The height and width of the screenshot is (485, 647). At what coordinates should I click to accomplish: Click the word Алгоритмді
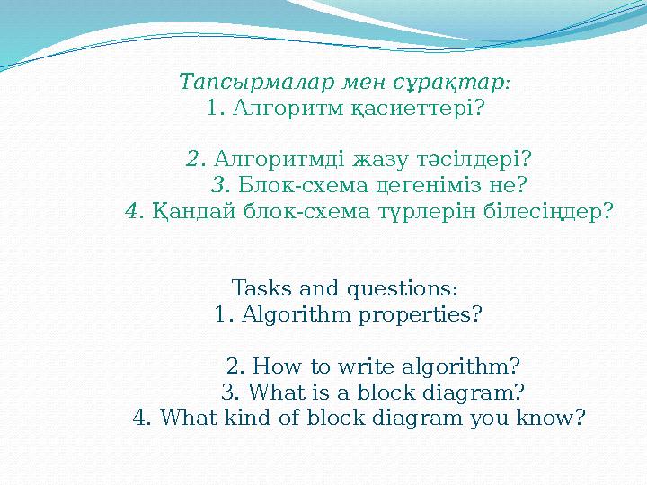pyautogui.click(x=279, y=159)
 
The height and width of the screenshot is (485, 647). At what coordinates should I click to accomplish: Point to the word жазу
pyautogui.click(x=379, y=161)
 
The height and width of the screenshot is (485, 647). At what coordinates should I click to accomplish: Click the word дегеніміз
pyautogui.click(x=429, y=186)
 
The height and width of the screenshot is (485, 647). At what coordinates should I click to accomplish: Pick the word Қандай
pyautogui.click(x=194, y=212)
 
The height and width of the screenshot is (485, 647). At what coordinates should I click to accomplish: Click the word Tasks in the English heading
pyautogui.click(x=262, y=288)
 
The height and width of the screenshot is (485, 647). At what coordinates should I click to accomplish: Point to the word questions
pyautogui.click(x=403, y=288)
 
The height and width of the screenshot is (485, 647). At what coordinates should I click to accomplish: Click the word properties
pyautogui.click(x=420, y=315)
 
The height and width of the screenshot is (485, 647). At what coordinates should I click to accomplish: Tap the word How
pyautogui.click(x=277, y=366)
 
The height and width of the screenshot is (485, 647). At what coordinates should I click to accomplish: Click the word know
pyautogui.click(x=551, y=418)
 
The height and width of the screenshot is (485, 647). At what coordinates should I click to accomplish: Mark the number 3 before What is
pyautogui.click(x=230, y=392)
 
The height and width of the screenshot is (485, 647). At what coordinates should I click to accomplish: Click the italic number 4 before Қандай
pyautogui.click(x=134, y=212)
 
